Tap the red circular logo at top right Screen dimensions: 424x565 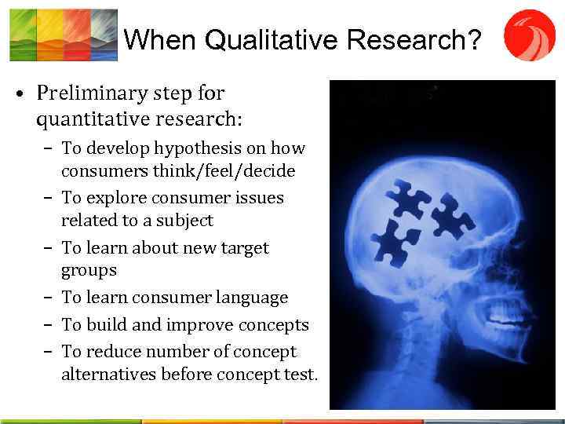(529, 35)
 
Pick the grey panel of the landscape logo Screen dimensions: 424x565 (104, 35)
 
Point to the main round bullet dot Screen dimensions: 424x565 (16, 95)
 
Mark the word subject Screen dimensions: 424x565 (182, 220)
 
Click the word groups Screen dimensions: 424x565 (89, 270)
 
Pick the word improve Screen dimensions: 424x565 (195, 325)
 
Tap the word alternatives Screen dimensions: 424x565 (108, 375)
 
